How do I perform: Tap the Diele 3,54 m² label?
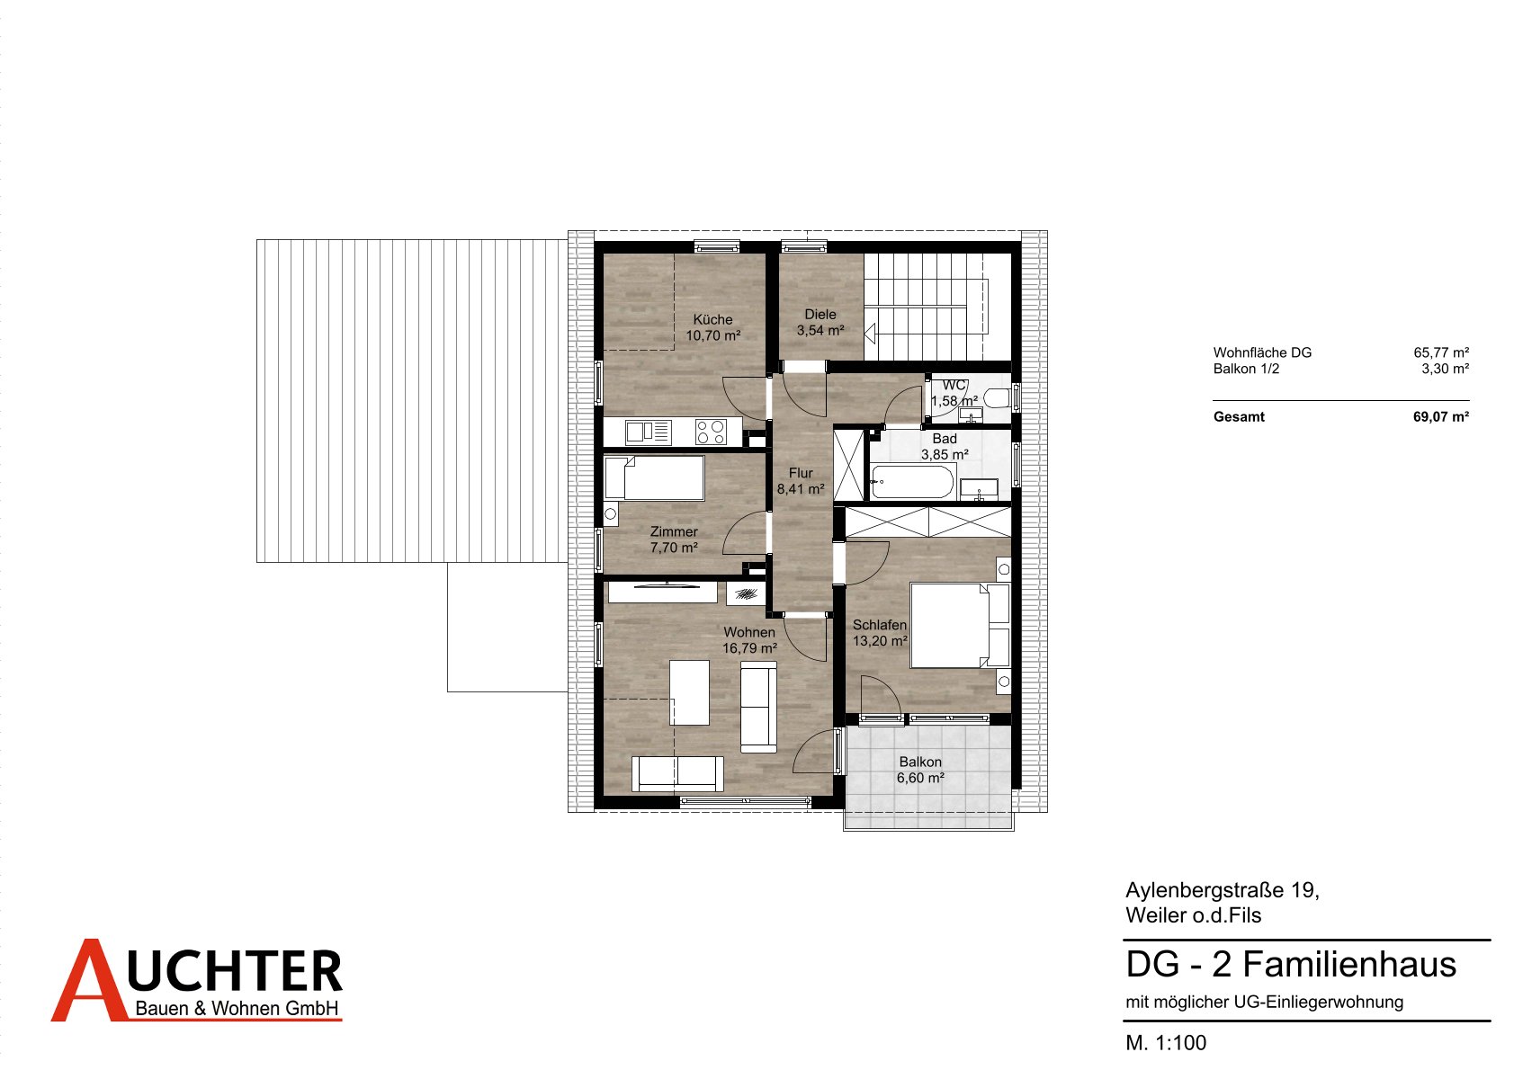820,322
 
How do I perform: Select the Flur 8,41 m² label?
801,481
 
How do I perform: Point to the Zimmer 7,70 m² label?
674,539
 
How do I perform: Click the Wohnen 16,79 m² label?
749,640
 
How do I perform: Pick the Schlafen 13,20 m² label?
879,632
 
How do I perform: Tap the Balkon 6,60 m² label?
920,770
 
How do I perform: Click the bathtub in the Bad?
912,482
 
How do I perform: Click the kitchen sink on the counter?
649,432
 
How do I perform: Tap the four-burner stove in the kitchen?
712,432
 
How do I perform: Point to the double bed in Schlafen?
960,626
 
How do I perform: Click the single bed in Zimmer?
654,477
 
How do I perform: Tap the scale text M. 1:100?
1166,1043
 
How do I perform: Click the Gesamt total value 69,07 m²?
1441,417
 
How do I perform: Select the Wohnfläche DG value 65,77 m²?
1442,352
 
